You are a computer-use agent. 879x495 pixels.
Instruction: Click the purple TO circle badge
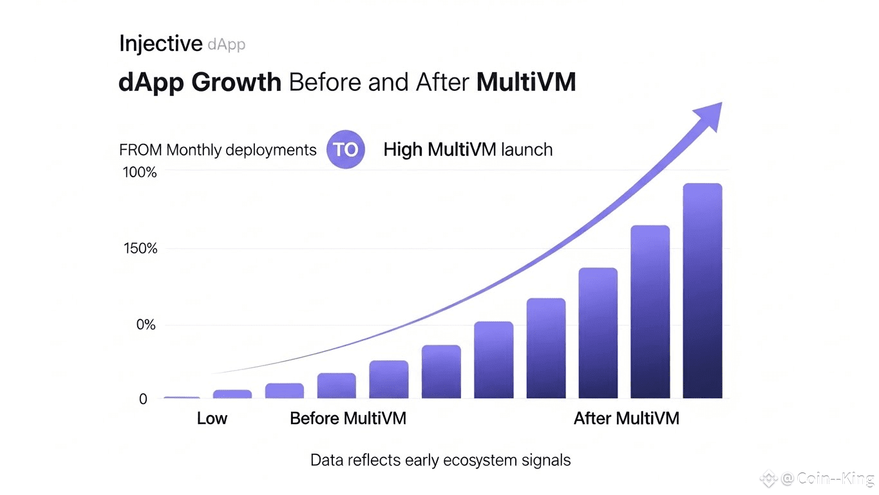pyautogui.click(x=345, y=150)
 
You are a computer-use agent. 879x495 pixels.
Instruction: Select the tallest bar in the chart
pyautogui.click(x=702, y=290)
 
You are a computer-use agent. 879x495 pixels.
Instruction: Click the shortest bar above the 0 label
pyautogui.click(x=182, y=398)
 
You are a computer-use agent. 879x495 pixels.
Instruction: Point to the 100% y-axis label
pyautogui.click(x=139, y=173)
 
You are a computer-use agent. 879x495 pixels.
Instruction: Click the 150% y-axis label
pyautogui.click(x=139, y=249)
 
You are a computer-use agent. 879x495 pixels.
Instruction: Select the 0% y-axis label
pyautogui.click(x=146, y=325)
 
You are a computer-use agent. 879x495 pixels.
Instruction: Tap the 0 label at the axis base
pyautogui.click(x=143, y=400)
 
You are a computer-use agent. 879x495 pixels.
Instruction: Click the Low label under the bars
pyautogui.click(x=212, y=418)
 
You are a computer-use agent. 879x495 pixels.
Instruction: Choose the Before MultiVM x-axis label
pyautogui.click(x=348, y=418)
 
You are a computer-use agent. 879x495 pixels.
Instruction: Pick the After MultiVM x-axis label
pyautogui.click(x=626, y=418)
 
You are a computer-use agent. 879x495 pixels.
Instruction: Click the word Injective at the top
pyautogui.click(x=160, y=44)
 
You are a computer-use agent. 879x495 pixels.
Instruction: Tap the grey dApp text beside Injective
pyautogui.click(x=227, y=44)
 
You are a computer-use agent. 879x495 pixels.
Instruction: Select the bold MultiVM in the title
pyautogui.click(x=526, y=83)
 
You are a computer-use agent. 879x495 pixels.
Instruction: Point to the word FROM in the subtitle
pyautogui.click(x=140, y=150)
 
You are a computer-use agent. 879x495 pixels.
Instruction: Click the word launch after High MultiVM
pyautogui.click(x=524, y=150)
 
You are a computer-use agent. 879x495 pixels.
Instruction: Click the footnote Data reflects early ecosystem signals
pyautogui.click(x=440, y=460)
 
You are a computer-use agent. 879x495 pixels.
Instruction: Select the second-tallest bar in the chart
pyautogui.click(x=650, y=311)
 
